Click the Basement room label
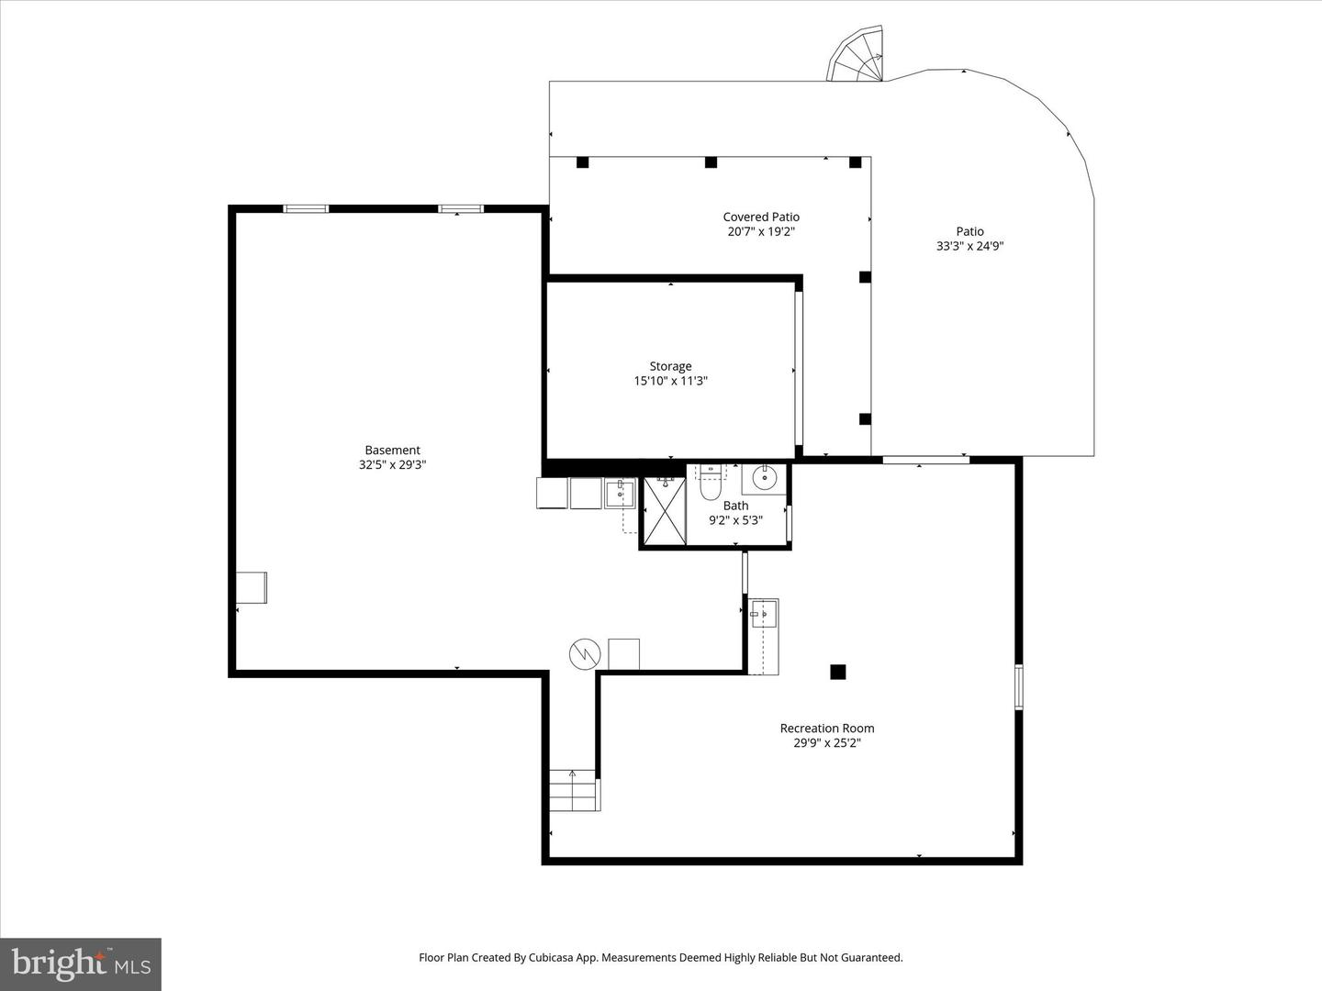pyautogui.click(x=392, y=450)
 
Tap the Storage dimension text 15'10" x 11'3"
pyautogui.click(x=670, y=381)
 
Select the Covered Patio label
pyautogui.click(x=760, y=217)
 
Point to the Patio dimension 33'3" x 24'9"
pyautogui.click(x=969, y=246)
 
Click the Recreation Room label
pyautogui.click(x=826, y=728)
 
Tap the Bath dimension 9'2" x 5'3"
pyautogui.click(x=735, y=520)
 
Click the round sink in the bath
pyautogui.click(x=764, y=478)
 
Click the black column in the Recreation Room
pyautogui.click(x=837, y=672)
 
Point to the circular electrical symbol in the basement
pyautogui.click(x=584, y=654)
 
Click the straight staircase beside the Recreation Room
pyautogui.click(x=573, y=790)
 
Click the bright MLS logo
pyautogui.click(x=81, y=963)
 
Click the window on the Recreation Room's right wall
pyautogui.click(x=1018, y=686)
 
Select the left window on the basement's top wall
pyautogui.click(x=306, y=209)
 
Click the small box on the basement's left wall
pyautogui.click(x=251, y=587)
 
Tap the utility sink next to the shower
pyautogui.click(x=620, y=494)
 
